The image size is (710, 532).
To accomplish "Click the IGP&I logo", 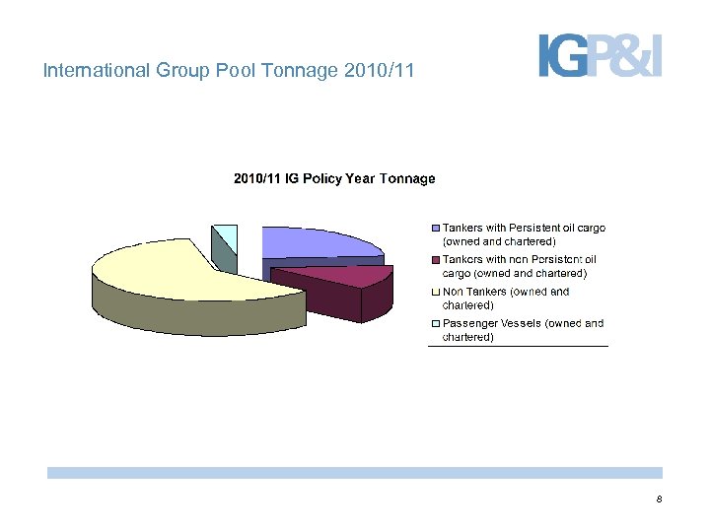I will click(x=600, y=55).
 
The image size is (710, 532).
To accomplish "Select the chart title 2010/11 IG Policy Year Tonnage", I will click(x=333, y=178).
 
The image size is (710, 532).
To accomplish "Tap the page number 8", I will click(x=659, y=500).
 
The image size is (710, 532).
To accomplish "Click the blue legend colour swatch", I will click(x=436, y=228).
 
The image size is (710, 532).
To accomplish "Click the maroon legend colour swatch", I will click(x=436, y=260).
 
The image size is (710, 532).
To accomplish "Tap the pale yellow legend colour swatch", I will click(x=436, y=292).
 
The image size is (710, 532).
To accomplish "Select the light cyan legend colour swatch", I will click(x=436, y=323).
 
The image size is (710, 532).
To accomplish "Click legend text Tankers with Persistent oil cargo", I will click(x=523, y=234).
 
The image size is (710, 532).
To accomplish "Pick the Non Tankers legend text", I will click(x=506, y=299).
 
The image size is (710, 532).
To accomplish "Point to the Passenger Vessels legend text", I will click(x=523, y=330).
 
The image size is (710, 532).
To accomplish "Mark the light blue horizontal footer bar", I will click(x=354, y=473).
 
